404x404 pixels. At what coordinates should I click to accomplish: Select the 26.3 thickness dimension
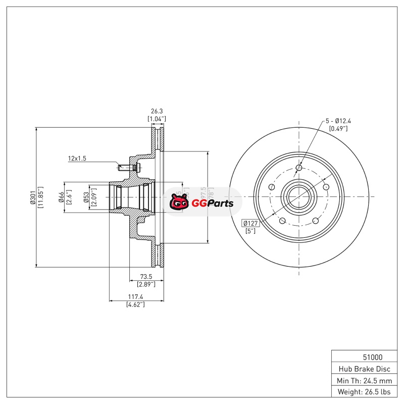tap(157, 111)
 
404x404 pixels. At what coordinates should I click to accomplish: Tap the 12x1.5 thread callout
tap(77, 159)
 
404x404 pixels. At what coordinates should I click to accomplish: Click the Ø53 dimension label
tap(87, 197)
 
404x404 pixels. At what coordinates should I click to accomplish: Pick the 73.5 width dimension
tap(146, 277)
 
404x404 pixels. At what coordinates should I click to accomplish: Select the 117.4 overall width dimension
tap(135, 297)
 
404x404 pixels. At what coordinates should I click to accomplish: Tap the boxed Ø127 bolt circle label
tap(251, 223)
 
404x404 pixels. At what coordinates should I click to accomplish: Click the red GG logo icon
tap(178, 203)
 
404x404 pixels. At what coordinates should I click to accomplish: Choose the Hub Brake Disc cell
tap(364, 369)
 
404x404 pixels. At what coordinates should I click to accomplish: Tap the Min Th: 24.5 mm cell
tap(364, 380)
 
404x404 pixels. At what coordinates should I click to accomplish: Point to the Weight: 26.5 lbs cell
tap(364, 392)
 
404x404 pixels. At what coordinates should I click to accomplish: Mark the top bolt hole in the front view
tap(298, 168)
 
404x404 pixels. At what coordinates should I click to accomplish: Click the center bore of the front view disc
tap(298, 197)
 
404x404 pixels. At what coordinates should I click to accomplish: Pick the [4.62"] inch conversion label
tap(135, 305)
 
